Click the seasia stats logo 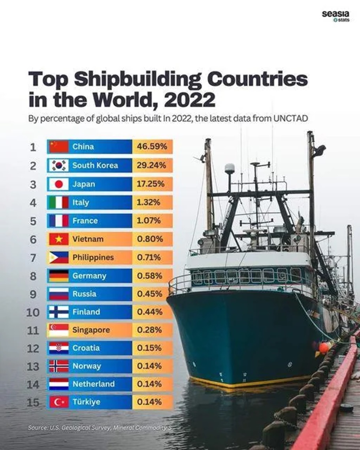335,16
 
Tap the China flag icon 58,147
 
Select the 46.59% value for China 152,147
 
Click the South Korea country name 95,165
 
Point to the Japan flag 58,184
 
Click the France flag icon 58,220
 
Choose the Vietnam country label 88,239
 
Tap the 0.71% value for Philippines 149,257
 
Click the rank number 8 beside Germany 33,276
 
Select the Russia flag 58,294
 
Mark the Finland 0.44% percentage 149,312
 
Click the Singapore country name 91,330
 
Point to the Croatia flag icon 58,348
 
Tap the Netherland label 93,384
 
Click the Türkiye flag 58,402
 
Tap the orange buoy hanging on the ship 324,348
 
